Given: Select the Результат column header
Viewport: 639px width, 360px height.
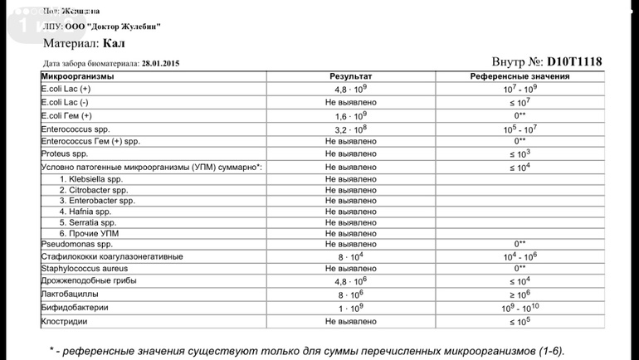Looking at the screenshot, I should (351, 76).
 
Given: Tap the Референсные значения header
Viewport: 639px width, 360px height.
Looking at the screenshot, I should (519, 76).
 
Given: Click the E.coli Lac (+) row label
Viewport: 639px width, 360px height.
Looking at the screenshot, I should (66, 89).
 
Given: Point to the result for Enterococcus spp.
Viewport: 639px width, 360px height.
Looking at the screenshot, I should (351, 129).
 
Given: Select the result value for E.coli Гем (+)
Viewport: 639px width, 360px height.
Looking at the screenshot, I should (351, 116).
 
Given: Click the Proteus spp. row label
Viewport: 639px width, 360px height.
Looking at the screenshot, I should (64, 153).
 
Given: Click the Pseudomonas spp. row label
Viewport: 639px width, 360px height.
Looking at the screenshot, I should (76, 244).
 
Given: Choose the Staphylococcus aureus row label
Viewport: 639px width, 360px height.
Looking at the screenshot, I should (84, 269).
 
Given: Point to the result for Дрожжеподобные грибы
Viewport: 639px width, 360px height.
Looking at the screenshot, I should (351, 281).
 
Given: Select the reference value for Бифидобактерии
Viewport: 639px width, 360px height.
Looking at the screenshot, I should (520, 308).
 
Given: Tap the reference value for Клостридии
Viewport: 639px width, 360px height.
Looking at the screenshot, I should (520, 321).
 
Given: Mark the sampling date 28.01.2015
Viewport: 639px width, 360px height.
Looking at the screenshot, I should (160, 63).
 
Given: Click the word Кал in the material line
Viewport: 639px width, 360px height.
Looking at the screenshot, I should (115, 43).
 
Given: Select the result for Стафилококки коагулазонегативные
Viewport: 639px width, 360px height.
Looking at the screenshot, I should (351, 257).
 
